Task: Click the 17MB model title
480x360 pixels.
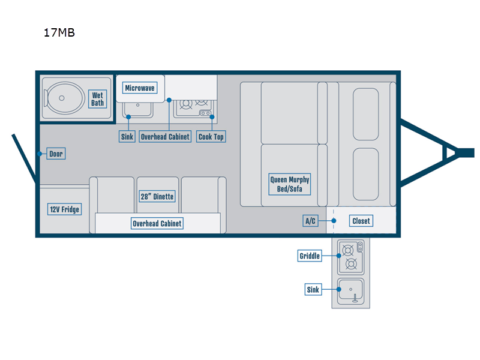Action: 59,33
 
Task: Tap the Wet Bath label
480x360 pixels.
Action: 97,98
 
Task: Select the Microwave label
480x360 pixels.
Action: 140,88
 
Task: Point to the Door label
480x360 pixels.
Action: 56,154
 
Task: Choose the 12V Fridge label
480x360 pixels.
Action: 64,209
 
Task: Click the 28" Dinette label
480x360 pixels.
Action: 157,196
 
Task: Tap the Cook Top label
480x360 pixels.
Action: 211,137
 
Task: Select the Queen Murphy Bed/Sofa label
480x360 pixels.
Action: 290,184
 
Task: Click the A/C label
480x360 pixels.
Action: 310,221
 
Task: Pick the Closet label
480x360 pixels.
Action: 361,221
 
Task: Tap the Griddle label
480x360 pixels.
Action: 310,256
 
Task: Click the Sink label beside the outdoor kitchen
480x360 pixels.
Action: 314,290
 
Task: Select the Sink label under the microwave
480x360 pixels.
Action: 127,137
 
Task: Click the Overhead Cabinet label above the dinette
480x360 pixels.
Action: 157,224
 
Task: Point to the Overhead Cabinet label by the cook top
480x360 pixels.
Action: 165,137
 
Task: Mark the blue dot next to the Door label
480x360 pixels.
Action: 40,154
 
